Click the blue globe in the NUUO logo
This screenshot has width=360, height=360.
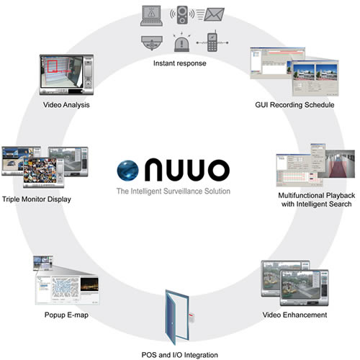pyautogui.click(x=127, y=170)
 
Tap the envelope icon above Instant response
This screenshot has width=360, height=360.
pyautogui.click(x=214, y=14)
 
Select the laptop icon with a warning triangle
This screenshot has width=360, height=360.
pyautogui.click(x=151, y=16)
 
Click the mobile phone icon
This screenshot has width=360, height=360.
pyautogui.click(x=212, y=41)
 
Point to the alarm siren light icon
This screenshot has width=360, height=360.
pyautogui.click(x=181, y=42)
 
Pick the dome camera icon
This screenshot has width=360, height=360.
pyautogui.click(x=152, y=42)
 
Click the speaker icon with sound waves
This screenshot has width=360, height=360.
pyautogui.click(x=182, y=15)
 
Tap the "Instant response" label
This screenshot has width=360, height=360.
pyautogui.click(x=180, y=63)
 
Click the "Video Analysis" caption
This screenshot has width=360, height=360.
pyautogui.click(x=66, y=105)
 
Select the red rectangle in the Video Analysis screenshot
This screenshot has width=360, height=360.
pyautogui.click(x=52, y=66)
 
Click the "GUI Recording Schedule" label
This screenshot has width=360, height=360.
pyautogui.click(x=294, y=105)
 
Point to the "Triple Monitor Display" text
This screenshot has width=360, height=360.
pyautogui.click(x=37, y=199)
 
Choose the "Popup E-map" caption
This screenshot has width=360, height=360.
pyautogui.click(x=66, y=315)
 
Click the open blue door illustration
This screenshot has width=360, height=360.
pyautogui.click(x=177, y=318)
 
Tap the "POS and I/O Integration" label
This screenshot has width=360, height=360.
pyautogui.click(x=180, y=355)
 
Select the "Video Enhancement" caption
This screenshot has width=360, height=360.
pyautogui.click(x=294, y=315)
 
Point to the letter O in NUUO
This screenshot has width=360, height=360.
pyautogui.click(x=219, y=170)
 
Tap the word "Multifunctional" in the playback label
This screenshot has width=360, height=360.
pyautogui.click(x=301, y=195)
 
